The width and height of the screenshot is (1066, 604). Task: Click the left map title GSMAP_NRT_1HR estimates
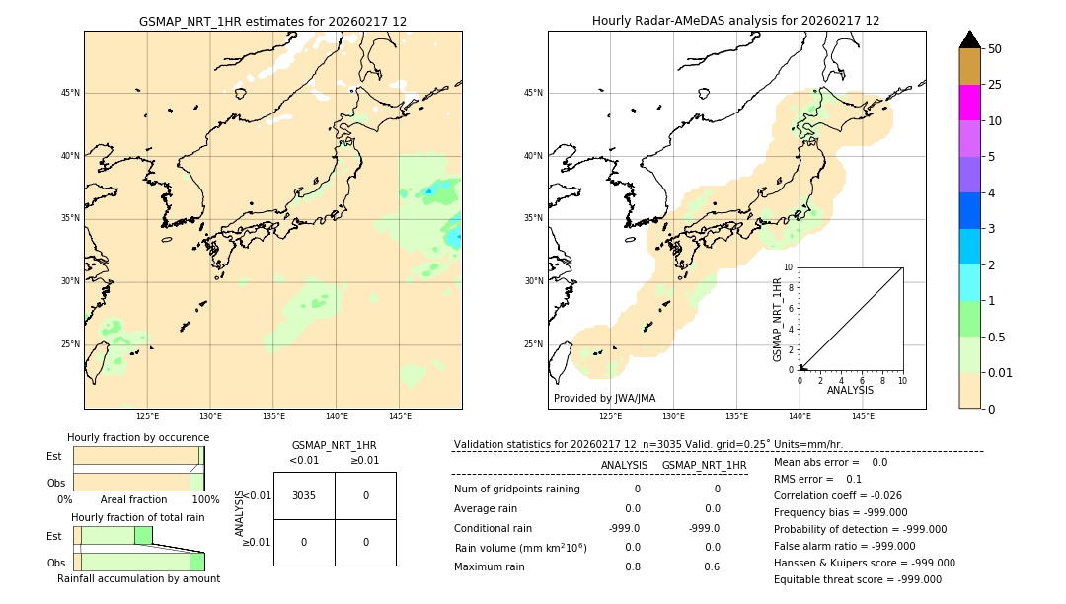tap(272, 21)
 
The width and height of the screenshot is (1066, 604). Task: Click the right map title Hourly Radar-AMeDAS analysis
tap(735, 21)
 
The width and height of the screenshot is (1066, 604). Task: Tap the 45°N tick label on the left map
tap(71, 93)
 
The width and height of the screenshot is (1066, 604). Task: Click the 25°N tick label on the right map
tap(534, 344)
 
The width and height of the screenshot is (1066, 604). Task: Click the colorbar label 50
tap(995, 48)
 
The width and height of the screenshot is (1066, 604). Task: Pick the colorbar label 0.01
tap(1001, 372)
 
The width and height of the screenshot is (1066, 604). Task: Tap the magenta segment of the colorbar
tap(969, 103)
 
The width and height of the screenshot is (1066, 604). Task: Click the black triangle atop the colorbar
tap(969, 39)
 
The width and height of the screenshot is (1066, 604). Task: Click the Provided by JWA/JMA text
tap(604, 398)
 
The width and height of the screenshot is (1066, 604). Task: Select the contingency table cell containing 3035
tap(304, 495)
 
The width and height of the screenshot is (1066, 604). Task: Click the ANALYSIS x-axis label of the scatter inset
tap(850, 390)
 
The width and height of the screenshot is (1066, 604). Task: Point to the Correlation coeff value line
tap(837, 495)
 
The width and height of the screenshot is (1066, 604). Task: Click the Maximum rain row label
tap(496, 566)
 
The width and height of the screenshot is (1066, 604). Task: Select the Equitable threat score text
tap(857, 579)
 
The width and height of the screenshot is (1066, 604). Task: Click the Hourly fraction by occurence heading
tap(138, 437)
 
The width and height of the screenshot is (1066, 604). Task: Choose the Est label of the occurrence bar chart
tap(54, 456)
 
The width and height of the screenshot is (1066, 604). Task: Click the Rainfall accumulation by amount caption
tap(138, 578)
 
